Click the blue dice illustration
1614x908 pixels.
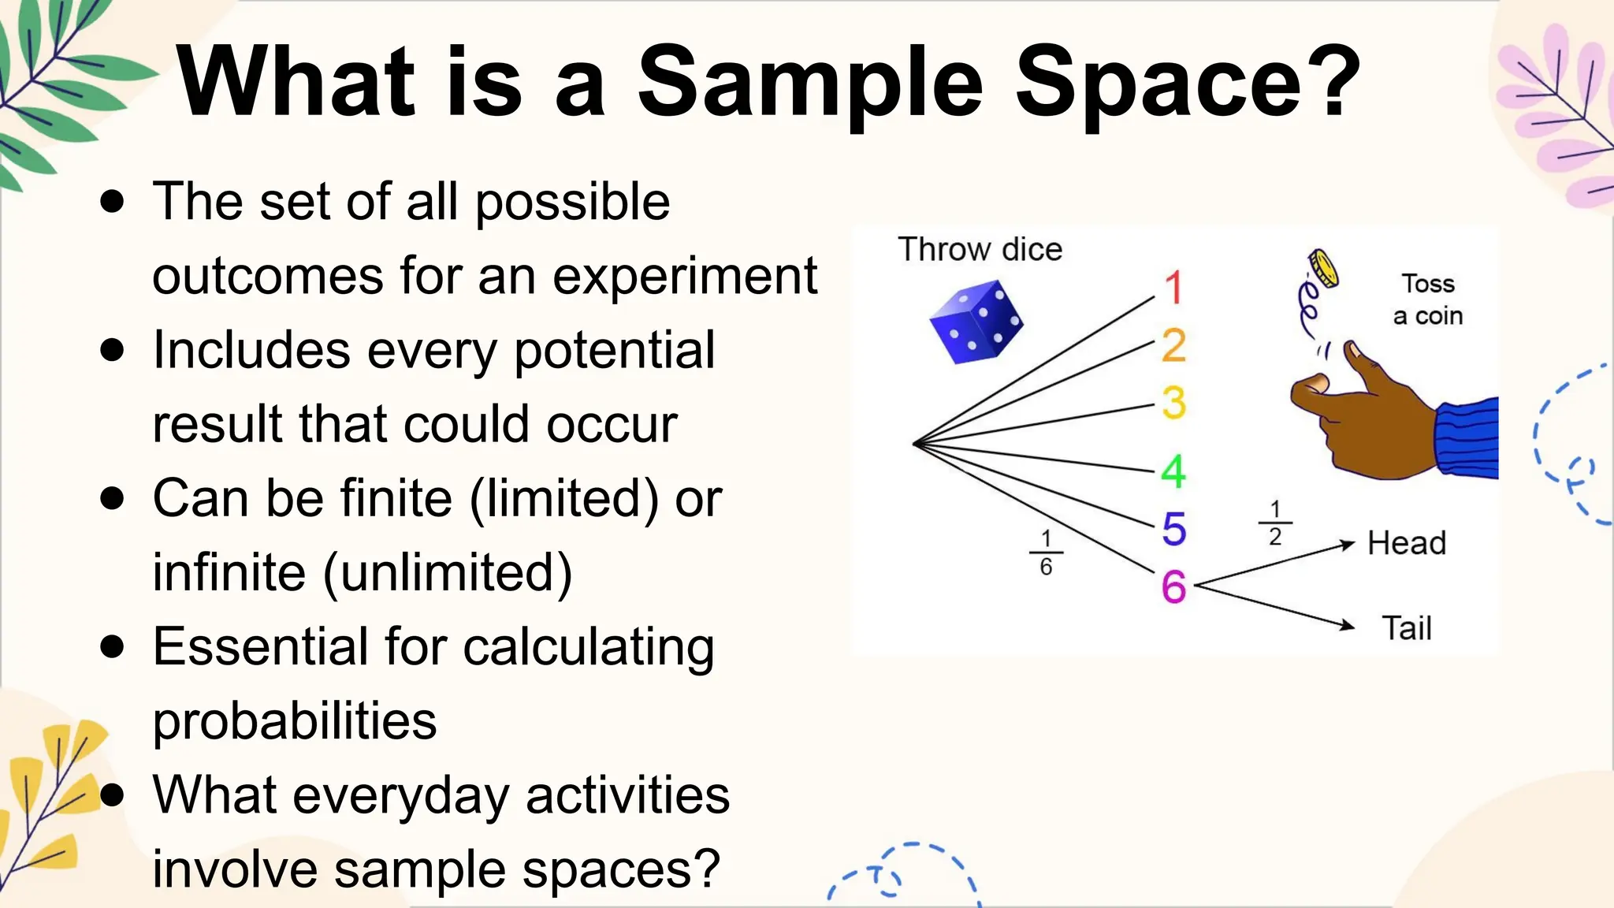pos(976,324)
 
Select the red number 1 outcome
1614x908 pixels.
pos(1173,288)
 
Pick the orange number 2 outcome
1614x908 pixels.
pos(1173,345)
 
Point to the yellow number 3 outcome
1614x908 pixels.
pos(1173,403)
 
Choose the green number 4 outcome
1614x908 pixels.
pos(1173,471)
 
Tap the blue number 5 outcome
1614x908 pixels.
pos(1173,529)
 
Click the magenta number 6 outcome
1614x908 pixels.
pos(1173,587)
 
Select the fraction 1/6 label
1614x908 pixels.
pos(1046,553)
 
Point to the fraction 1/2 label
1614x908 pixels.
pos(1275,523)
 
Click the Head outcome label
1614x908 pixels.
pos(1407,543)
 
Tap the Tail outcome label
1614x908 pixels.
pos(1407,628)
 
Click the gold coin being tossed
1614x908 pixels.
pos(1324,269)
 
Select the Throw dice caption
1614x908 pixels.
pos(980,249)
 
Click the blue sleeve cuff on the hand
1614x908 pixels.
pos(1467,438)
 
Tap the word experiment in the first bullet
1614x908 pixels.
pos(684,277)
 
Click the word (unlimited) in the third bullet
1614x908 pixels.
pos(448,573)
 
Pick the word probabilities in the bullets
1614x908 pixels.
pos(295,721)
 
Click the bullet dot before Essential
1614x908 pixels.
pos(113,646)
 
